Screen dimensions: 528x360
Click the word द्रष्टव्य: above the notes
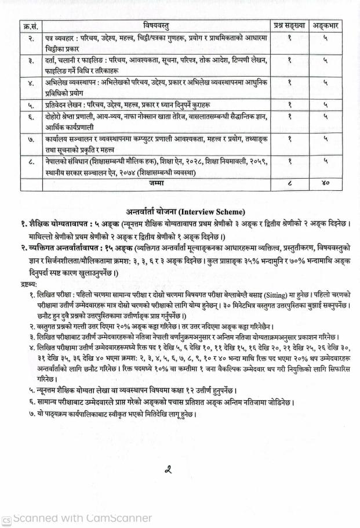tap(27, 284)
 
